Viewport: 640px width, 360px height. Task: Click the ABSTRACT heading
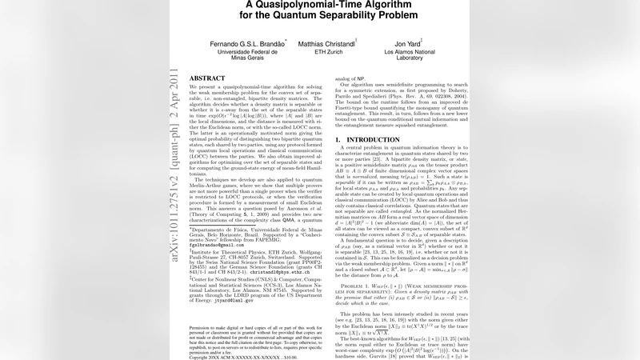(206, 78)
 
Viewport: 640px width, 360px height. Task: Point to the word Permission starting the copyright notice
(202, 328)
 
